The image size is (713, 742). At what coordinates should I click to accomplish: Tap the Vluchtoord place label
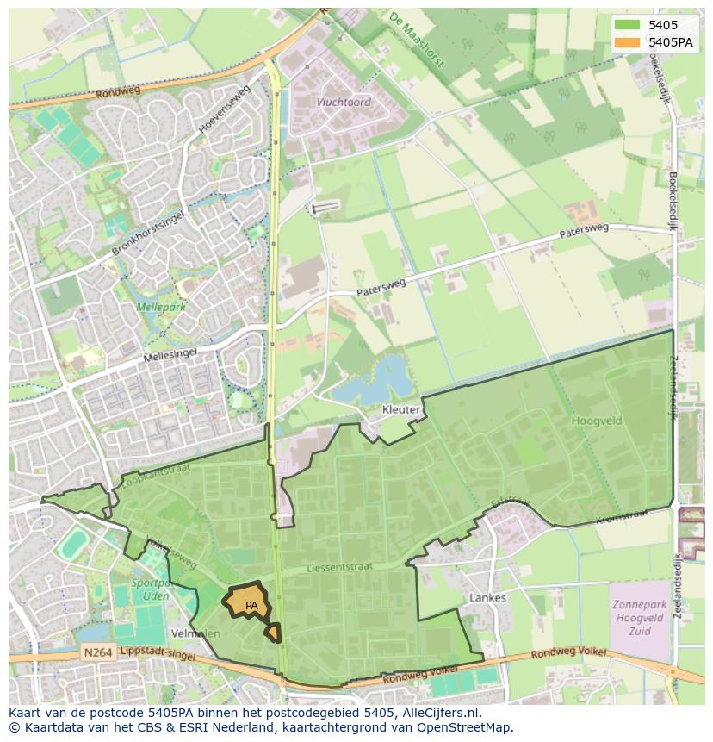343,102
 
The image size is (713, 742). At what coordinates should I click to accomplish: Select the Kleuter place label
401,410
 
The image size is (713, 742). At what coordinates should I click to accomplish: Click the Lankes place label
488,597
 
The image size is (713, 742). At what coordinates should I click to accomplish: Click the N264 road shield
97,653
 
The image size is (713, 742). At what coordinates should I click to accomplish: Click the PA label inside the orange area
251,606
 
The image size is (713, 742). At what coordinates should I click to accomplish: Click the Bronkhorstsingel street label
148,232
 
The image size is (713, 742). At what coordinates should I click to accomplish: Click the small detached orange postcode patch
273,633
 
